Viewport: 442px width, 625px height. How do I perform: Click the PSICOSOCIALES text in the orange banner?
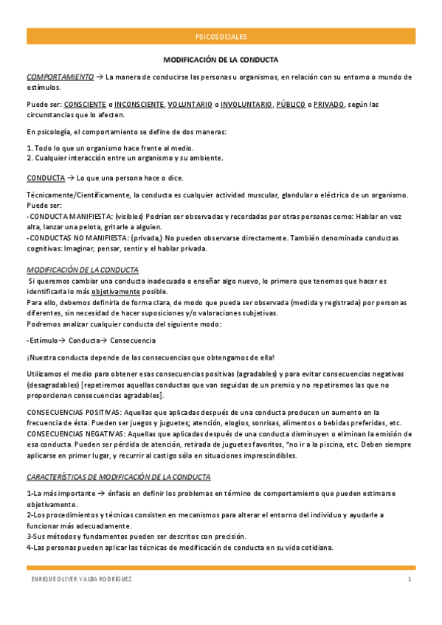221,36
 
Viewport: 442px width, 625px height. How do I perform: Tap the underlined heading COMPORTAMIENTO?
60,77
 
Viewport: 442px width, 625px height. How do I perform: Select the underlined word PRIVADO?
328,105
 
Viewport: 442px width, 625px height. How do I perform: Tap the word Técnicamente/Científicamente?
77,194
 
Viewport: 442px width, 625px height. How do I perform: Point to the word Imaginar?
77,248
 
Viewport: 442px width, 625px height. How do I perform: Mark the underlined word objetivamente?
116,291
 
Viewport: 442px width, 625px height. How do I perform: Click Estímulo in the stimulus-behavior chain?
43,340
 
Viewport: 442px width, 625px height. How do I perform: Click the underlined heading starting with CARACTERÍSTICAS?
118,477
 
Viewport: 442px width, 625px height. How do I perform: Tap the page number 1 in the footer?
410,580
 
